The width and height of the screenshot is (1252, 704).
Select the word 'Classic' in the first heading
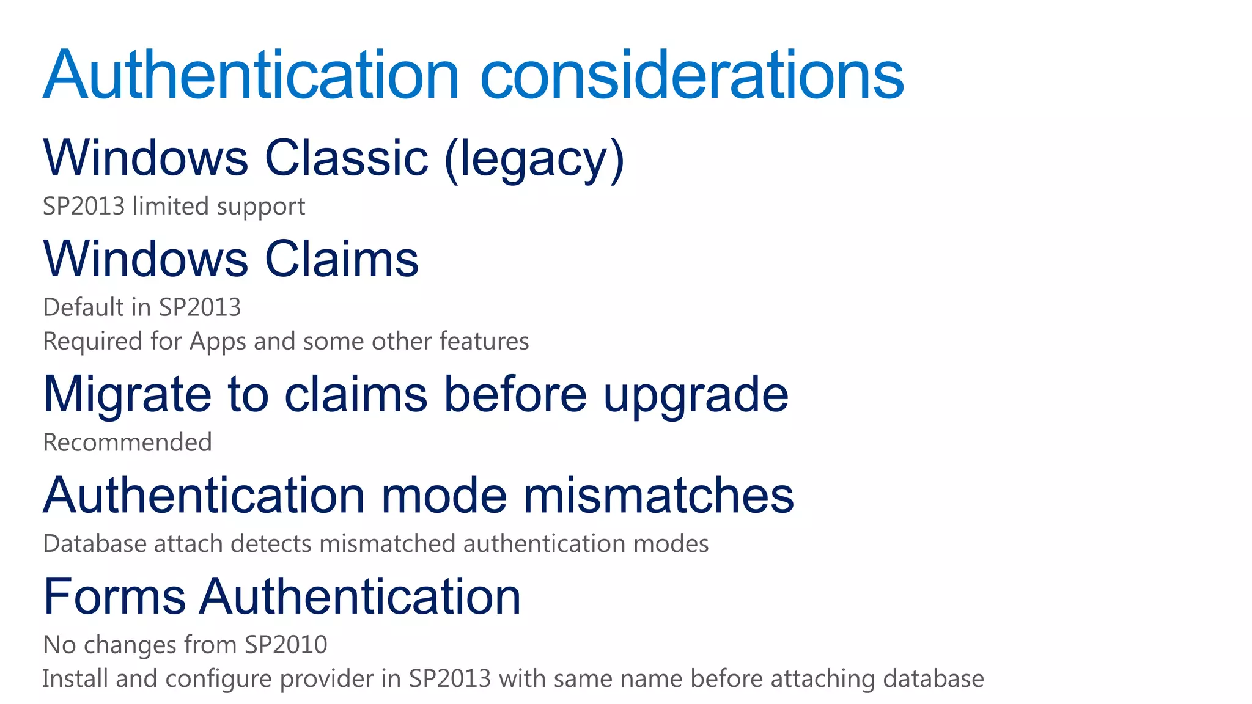tap(347, 158)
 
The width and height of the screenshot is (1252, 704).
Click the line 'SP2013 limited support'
tap(174, 207)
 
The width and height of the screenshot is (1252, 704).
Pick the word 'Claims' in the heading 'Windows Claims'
tap(342, 259)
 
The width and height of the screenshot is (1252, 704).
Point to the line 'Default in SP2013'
tap(142, 307)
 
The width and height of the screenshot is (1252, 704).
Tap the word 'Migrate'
tap(127, 395)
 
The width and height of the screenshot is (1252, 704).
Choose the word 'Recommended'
tap(127, 442)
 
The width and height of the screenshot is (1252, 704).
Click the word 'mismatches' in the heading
tap(658, 495)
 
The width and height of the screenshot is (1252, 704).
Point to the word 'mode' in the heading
tap(444, 495)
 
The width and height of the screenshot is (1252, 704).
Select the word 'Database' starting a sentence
tap(94, 544)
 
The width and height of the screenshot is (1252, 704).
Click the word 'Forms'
tap(114, 596)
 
